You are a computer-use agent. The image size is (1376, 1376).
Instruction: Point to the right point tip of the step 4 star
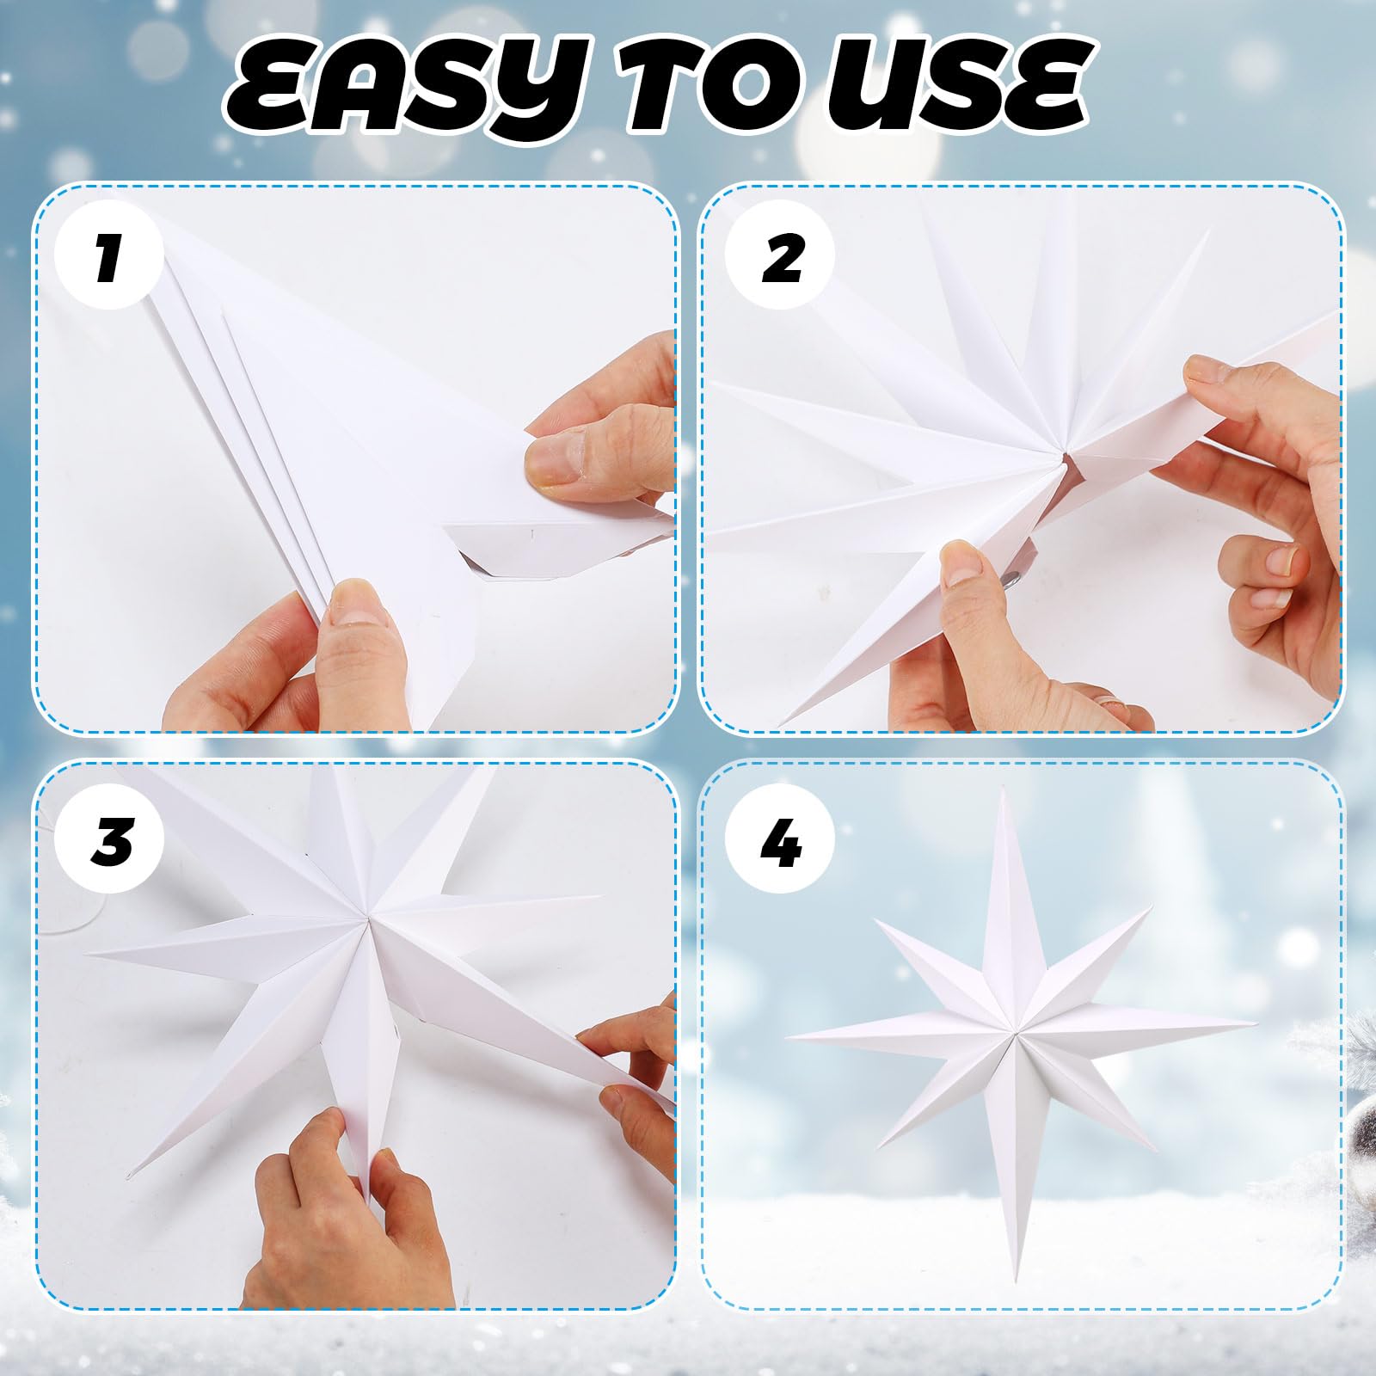1255,1023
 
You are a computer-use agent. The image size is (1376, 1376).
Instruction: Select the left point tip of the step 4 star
787,1034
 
